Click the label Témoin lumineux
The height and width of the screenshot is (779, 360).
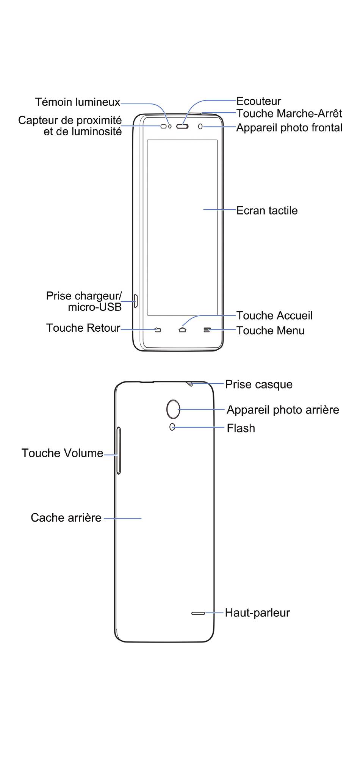[x=78, y=102]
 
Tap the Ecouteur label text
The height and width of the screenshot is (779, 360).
[x=259, y=101]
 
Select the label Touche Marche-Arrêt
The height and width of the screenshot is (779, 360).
[x=289, y=113]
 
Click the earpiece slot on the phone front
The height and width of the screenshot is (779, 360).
[x=182, y=126]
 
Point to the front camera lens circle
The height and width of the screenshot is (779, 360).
[x=200, y=126]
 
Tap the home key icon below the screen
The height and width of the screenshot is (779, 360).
[x=182, y=330]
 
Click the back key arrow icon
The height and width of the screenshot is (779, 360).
[x=158, y=330]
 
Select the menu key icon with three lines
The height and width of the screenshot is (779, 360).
[x=207, y=330]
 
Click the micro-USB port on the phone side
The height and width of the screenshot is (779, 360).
[x=136, y=301]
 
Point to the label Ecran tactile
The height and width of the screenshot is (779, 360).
[x=267, y=210]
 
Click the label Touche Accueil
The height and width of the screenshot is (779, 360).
[x=275, y=315]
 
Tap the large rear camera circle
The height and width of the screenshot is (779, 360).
[x=173, y=409]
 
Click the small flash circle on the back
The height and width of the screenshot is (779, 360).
[x=172, y=427]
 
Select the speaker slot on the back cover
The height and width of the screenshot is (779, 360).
[x=198, y=613]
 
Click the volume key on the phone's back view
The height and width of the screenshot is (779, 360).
[x=119, y=450]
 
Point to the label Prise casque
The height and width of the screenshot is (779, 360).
[x=259, y=384]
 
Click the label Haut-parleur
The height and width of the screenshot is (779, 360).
[x=257, y=613]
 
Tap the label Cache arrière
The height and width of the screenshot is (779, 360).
[x=66, y=518]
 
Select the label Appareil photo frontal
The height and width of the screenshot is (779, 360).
[x=290, y=128]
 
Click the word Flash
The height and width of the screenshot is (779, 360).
[x=241, y=428]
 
